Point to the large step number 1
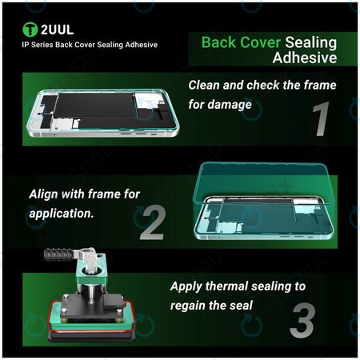coord(319,118)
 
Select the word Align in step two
coord(45,194)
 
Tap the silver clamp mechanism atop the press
coord(94,264)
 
